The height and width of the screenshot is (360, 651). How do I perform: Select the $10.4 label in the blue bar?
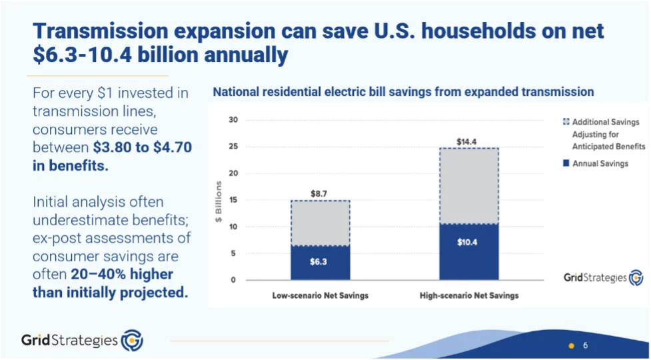pos(468,243)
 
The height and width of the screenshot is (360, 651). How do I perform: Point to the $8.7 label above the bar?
pos(320,193)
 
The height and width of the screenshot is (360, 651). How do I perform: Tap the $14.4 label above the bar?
pos(468,141)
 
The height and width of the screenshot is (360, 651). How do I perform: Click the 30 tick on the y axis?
pos(232,121)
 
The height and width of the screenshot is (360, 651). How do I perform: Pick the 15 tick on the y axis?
pos(232,200)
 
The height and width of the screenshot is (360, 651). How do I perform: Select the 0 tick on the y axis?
pos(233,280)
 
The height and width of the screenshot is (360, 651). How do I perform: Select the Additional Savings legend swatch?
pos(566,122)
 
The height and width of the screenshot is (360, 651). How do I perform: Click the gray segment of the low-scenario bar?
pos(320,223)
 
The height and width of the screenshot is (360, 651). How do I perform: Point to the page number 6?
pos(585,345)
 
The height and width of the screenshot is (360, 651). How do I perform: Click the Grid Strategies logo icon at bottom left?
pos(132,341)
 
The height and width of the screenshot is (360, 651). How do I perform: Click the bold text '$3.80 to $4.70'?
pos(142,147)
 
